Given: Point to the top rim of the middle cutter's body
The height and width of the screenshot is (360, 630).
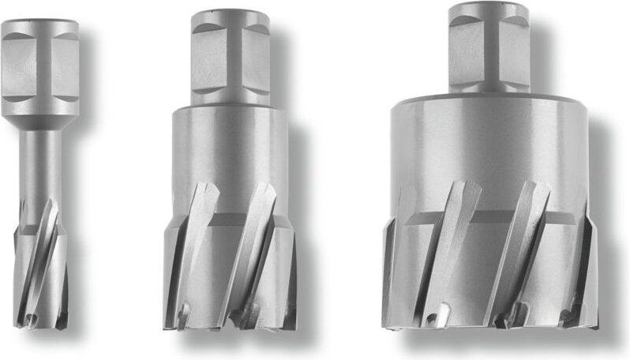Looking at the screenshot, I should (229, 107).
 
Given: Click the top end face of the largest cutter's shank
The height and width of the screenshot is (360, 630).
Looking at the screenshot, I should (488, 8).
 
